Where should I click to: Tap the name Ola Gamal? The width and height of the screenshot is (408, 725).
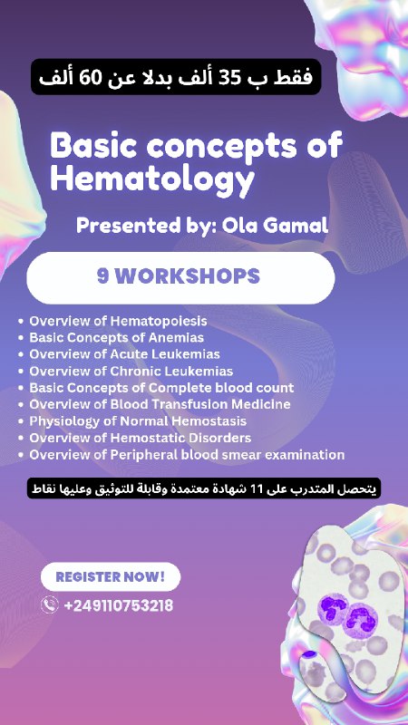tap(276, 226)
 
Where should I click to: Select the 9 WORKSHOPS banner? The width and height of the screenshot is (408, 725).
tap(180, 277)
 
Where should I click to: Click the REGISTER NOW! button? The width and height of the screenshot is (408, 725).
tap(111, 576)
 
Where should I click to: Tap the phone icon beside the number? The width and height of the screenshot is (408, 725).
tap(50, 604)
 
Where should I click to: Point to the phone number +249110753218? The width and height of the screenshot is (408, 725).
tap(119, 605)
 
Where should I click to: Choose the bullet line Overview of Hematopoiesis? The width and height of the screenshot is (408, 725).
tap(118, 321)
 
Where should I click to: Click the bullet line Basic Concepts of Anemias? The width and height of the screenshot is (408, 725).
tap(117, 337)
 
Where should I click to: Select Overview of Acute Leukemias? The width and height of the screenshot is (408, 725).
tap(124, 354)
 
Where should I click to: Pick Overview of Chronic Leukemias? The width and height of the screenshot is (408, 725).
tap(131, 371)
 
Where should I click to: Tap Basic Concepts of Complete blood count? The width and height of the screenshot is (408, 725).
tap(161, 388)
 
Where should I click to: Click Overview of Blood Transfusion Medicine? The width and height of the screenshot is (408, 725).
tap(160, 404)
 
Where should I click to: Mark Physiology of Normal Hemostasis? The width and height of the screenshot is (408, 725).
tap(138, 421)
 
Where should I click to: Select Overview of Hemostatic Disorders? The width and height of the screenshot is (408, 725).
tap(141, 438)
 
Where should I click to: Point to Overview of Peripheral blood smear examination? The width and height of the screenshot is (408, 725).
tap(187, 455)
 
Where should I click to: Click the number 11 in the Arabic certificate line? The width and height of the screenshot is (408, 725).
tap(257, 488)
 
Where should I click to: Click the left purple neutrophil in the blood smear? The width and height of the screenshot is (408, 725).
tap(333, 607)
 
